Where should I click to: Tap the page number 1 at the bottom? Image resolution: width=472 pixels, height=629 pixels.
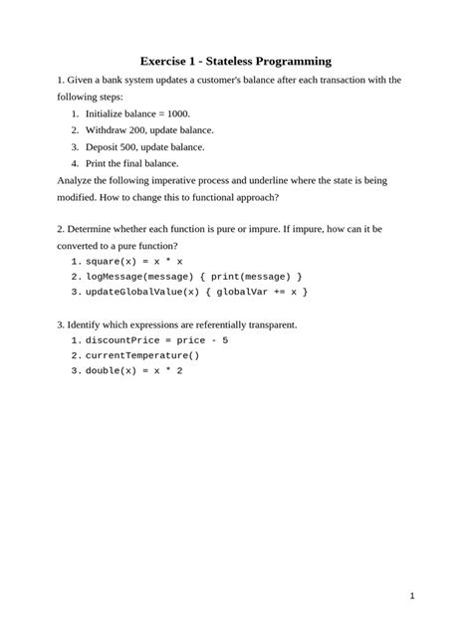coord(411,596)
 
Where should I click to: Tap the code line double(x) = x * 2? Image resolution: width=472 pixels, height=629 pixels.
coord(133,371)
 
